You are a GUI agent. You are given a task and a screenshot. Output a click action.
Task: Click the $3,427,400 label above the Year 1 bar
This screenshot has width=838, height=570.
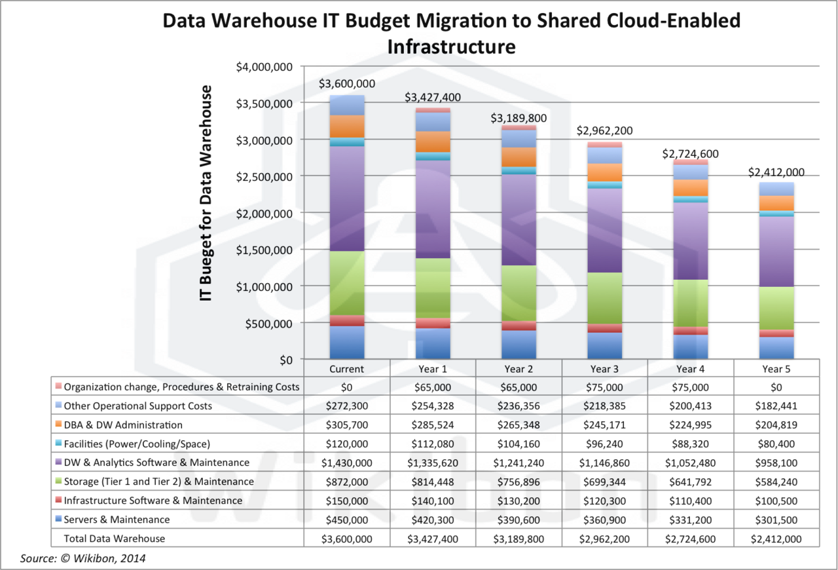click(432, 98)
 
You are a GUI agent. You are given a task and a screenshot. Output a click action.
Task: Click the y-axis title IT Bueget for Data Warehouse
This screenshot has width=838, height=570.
click(207, 193)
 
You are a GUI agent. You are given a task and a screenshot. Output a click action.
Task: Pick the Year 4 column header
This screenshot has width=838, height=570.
click(691, 368)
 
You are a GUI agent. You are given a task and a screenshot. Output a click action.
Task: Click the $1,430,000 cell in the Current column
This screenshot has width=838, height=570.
click(347, 463)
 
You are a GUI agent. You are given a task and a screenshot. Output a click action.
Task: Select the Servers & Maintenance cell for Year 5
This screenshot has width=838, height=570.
click(776, 520)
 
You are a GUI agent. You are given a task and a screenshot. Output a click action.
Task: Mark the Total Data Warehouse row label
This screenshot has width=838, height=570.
click(114, 539)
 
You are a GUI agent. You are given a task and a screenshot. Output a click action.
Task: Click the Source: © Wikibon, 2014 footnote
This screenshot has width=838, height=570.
click(83, 558)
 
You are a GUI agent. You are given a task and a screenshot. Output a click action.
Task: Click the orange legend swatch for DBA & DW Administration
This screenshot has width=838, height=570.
click(59, 425)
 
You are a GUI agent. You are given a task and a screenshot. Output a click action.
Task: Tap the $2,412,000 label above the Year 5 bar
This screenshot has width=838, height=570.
click(776, 173)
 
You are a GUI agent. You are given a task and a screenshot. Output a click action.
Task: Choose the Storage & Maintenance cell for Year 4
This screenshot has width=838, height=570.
click(691, 482)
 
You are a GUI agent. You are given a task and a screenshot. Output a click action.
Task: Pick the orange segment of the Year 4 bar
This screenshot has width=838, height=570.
click(691, 188)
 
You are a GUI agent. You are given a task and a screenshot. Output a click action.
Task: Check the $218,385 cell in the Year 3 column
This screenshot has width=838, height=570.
click(604, 406)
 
